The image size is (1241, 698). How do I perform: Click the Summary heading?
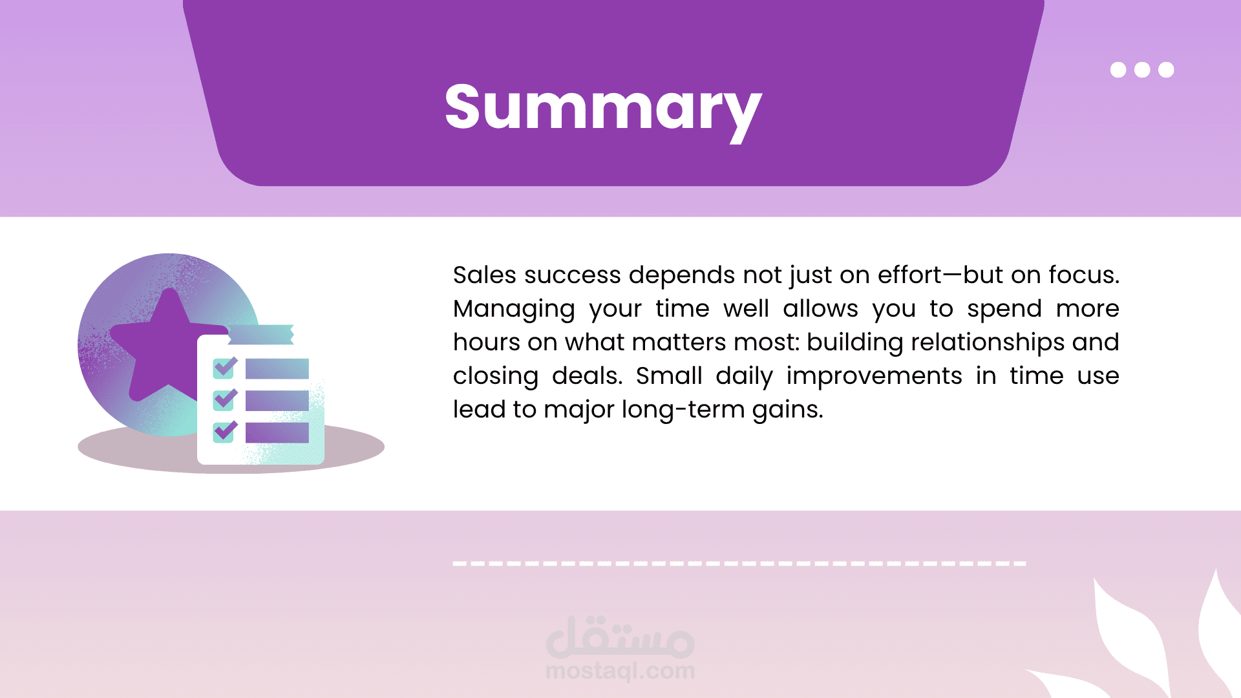603,109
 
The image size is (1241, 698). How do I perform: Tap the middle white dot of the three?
1142,70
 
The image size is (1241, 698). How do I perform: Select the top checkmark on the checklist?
225,367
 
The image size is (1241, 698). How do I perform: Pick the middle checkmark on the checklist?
225,399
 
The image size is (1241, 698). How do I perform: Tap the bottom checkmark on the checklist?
225,431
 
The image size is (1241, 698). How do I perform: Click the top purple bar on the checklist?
277,368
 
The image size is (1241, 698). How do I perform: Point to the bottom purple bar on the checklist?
277,432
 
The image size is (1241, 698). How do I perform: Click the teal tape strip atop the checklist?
261,334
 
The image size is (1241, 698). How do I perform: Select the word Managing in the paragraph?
514,309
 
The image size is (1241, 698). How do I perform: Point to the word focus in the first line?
1084,275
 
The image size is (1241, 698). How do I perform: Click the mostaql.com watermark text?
620,672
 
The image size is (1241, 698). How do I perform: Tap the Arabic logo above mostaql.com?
620,637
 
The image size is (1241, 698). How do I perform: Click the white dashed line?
739,564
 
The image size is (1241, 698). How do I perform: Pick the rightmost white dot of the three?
1166,70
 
